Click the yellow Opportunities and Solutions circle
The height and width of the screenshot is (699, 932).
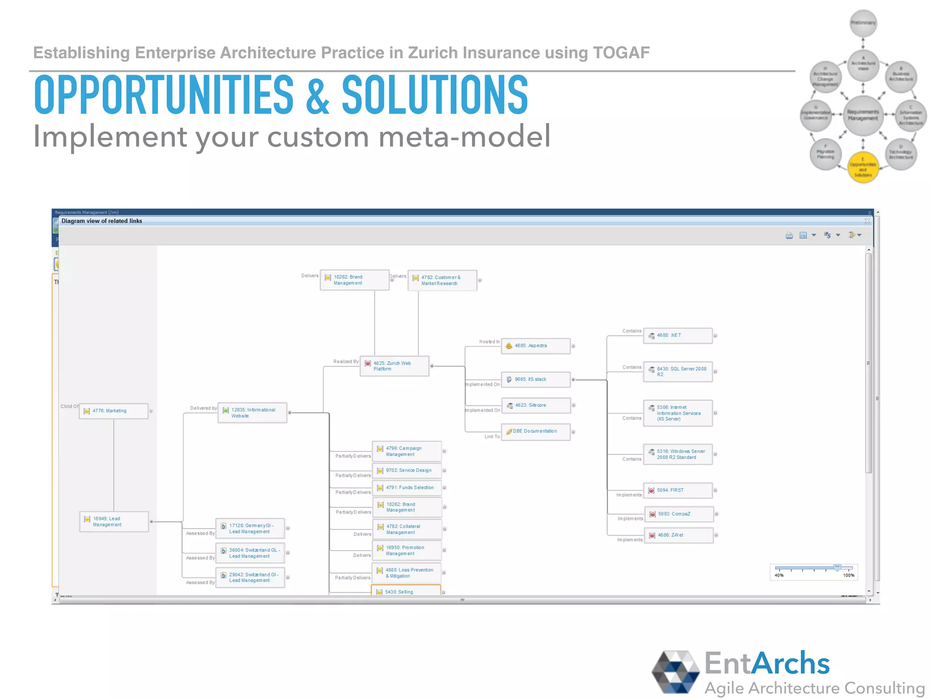click(x=863, y=167)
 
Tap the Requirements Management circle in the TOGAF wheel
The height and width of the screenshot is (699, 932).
click(x=863, y=115)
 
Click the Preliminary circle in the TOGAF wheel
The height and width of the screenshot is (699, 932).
click(x=863, y=23)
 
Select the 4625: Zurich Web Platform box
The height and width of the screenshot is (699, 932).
click(x=394, y=366)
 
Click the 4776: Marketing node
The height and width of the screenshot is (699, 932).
click(x=113, y=411)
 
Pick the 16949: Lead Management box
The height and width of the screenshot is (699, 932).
click(x=114, y=522)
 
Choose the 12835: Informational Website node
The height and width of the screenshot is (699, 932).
click(x=252, y=413)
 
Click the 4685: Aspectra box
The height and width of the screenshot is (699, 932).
click(x=535, y=346)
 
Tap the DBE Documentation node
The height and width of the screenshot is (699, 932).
click(x=535, y=431)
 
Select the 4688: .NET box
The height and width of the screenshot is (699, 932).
click(x=677, y=335)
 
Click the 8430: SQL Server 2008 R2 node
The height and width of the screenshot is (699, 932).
click(x=677, y=371)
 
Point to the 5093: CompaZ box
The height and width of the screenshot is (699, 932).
click(x=679, y=514)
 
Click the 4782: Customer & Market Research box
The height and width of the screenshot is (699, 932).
click(x=442, y=280)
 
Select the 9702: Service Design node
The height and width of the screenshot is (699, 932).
click(x=407, y=471)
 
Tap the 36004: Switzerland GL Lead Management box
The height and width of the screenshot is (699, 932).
click(x=250, y=553)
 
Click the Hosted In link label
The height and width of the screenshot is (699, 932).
click(x=489, y=342)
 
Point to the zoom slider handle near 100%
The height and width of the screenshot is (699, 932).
click(x=837, y=568)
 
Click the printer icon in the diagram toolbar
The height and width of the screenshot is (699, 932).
click(x=789, y=235)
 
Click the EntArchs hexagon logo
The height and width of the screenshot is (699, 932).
click(x=675, y=672)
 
